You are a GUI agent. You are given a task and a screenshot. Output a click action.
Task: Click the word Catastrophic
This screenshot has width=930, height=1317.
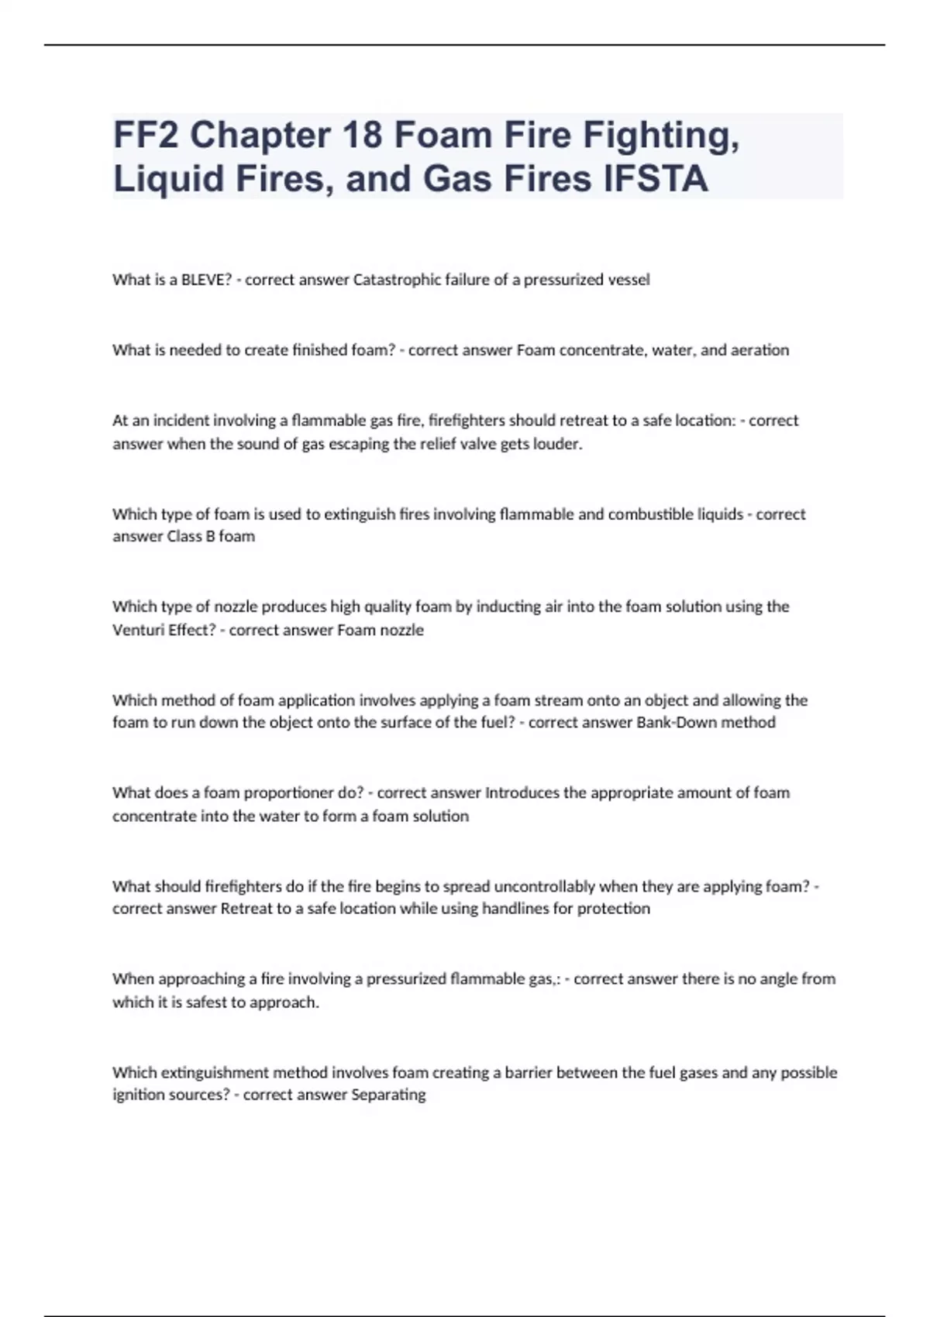pyautogui.click(x=397, y=280)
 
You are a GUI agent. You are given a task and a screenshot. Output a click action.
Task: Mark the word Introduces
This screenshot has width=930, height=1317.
pyautogui.click(x=522, y=793)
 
